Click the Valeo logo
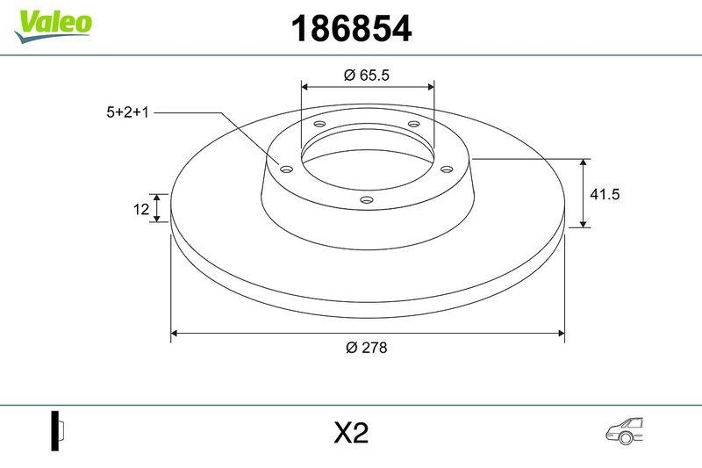coord(53,24)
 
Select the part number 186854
coord(350,30)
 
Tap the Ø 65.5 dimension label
coord(366,76)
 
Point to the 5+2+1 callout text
coord(127,112)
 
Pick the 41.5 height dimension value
coord(605,195)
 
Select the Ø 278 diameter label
coord(366,347)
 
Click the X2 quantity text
coord(350,433)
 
